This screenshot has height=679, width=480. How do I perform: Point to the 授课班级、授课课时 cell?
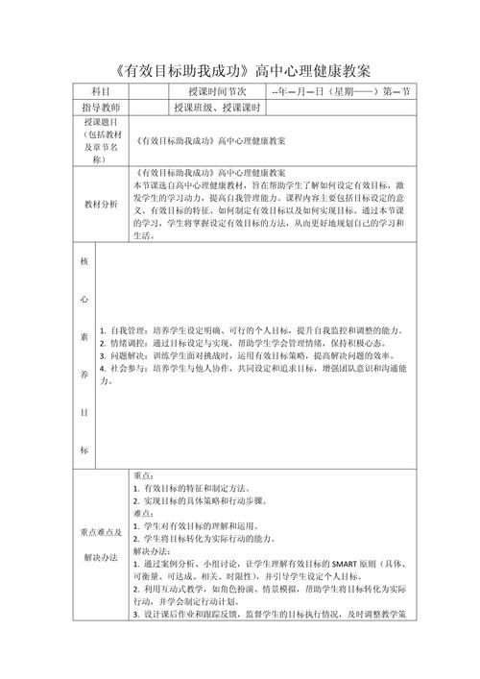[x=217, y=108]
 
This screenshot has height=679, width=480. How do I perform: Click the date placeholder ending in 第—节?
[x=341, y=91]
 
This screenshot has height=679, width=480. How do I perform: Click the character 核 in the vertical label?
[x=84, y=260]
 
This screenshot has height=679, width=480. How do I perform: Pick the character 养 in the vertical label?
[x=84, y=377]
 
